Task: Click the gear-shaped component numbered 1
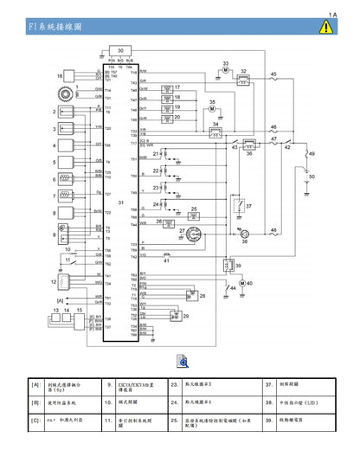coord(62,89)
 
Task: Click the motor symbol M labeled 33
coord(225,74)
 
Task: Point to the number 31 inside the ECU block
coord(121,202)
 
